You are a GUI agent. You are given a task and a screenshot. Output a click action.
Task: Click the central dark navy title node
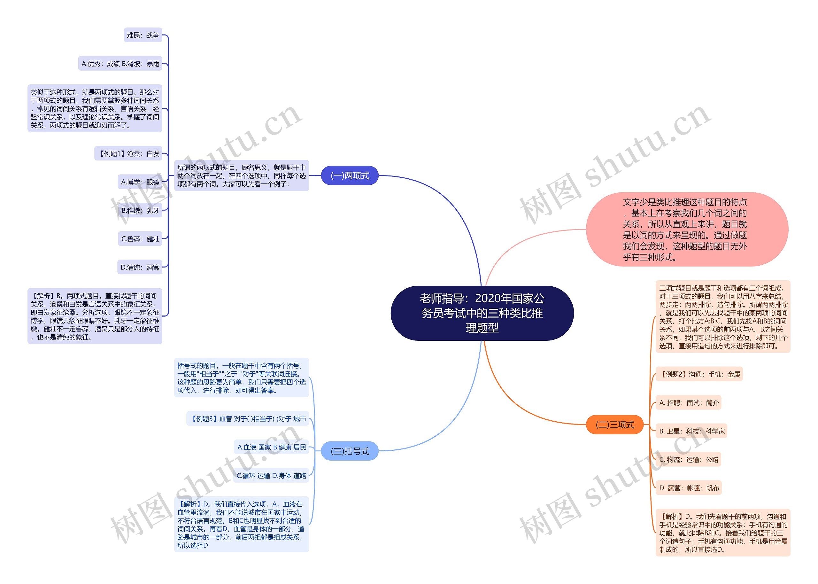tap(482, 313)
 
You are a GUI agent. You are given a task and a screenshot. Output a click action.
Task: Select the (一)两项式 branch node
tap(349, 175)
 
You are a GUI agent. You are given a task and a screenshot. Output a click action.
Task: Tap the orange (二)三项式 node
tap(614, 425)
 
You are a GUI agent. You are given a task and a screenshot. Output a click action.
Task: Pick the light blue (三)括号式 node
tap(349, 451)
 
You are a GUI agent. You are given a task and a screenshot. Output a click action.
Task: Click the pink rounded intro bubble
tap(687, 230)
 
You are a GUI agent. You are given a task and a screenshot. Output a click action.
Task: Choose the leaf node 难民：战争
tap(143, 35)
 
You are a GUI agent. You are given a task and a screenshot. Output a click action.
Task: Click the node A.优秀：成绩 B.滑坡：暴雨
tap(120, 64)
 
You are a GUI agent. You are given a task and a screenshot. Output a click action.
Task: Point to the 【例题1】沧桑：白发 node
tap(128, 153)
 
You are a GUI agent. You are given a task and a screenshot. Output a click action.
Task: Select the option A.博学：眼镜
tap(140, 182)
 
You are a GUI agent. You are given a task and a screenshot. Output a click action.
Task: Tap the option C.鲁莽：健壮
tap(140, 239)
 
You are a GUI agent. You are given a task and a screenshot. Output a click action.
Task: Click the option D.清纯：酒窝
tap(140, 267)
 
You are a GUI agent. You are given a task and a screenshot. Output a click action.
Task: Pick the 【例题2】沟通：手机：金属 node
tap(699, 374)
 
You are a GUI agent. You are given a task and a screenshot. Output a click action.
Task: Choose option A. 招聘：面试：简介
tap(689, 403)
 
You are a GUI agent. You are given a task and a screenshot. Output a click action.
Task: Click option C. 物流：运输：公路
tap(689, 460)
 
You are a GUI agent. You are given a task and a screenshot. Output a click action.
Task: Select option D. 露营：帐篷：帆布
tap(689, 488)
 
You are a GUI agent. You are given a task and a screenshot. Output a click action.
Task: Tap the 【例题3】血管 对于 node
tap(248, 419)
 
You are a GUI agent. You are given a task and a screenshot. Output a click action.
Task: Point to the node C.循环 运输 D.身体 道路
tap(271, 475)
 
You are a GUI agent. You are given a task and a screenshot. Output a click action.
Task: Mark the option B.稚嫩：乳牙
tap(140, 210)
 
